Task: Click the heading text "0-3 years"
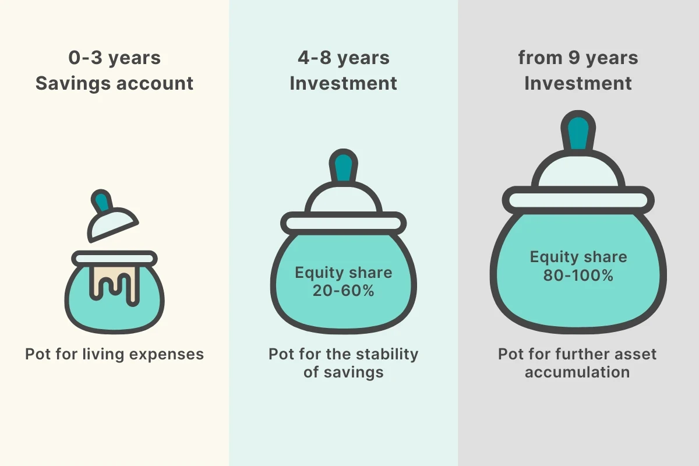(115, 59)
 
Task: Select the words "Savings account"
(115, 83)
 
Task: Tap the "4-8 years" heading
(344, 59)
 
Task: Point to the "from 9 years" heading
(578, 59)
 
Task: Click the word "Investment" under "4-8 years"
(344, 83)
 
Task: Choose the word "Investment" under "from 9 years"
(578, 83)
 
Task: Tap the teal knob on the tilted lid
(101, 202)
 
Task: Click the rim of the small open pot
(115, 259)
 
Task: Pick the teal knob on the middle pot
(344, 167)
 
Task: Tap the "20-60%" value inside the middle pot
(344, 291)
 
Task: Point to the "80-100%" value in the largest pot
(578, 276)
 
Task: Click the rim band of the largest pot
(578, 200)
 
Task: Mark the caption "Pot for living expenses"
(115, 354)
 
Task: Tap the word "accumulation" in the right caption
(577, 372)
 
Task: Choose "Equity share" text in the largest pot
(578, 257)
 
